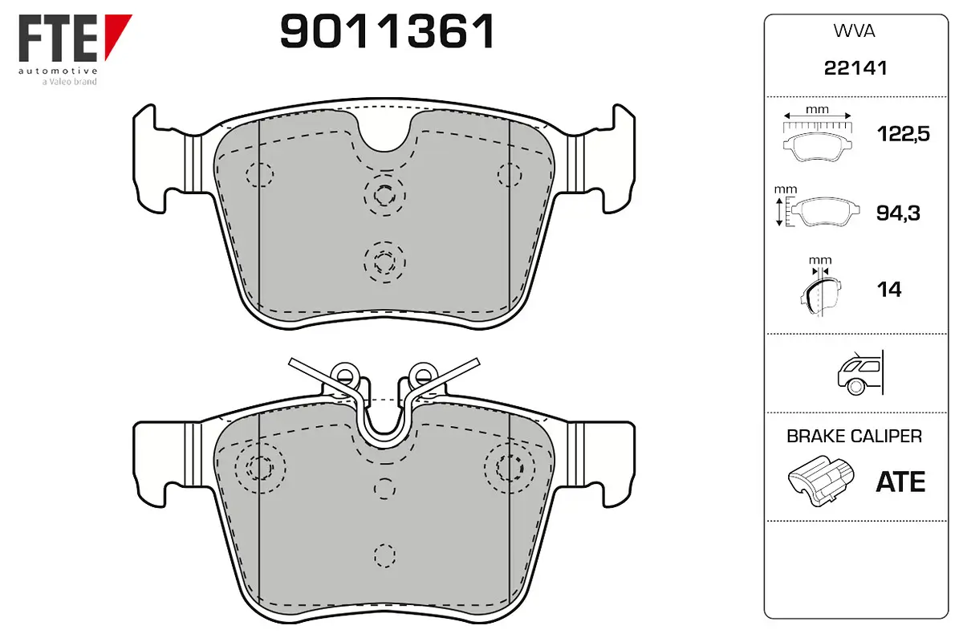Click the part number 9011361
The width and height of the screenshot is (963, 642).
(387, 31)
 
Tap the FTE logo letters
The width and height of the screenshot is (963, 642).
(58, 38)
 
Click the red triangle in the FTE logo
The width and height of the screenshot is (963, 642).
(117, 35)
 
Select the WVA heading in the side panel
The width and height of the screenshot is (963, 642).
(854, 31)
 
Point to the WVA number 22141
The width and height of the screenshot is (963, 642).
(855, 68)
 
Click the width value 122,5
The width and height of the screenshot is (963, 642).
(904, 134)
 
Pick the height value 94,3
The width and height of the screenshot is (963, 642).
(898, 213)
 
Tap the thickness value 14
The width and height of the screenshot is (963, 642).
(889, 290)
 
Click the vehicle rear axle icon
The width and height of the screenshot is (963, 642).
(860, 372)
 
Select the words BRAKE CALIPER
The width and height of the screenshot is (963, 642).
(854, 437)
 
